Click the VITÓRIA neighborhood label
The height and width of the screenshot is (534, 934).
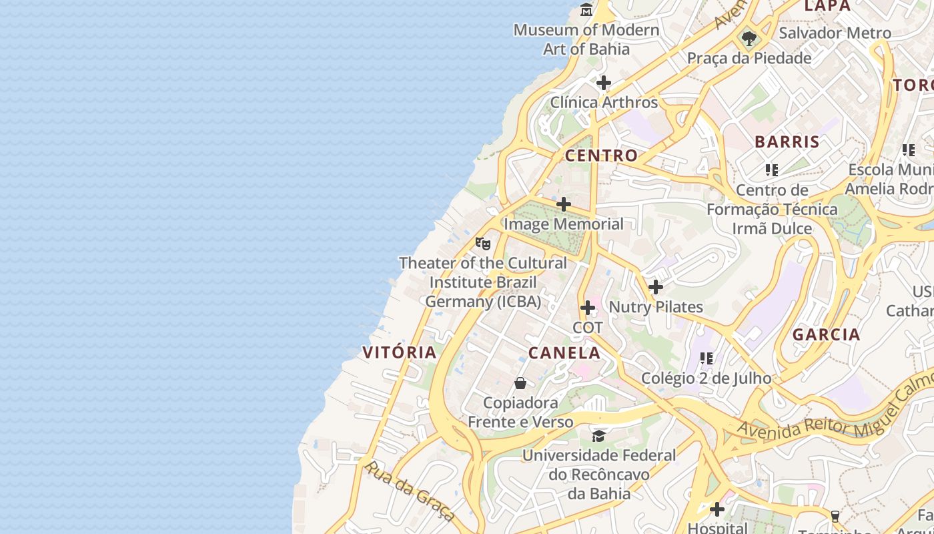(x=399, y=352)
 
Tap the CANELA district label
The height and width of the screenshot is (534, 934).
(x=564, y=352)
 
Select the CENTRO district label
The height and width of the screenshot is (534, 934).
(x=601, y=156)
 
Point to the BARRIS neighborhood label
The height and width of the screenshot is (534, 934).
(x=787, y=142)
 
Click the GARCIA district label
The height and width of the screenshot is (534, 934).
(x=826, y=334)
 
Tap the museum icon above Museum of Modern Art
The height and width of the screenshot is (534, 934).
(x=586, y=10)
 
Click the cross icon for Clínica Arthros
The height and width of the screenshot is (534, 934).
(x=604, y=83)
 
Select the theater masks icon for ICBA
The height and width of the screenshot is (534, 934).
(x=483, y=243)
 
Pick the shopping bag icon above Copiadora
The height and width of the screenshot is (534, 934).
(x=520, y=383)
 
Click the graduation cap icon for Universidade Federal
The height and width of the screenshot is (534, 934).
(x=598, y=436)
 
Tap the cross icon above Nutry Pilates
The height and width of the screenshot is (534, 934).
(x=656, y=287)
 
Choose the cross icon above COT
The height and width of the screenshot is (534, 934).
(x=588, y=308)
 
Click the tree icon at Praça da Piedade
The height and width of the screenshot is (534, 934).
(x=749, y=38)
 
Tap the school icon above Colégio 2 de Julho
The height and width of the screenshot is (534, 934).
(x=707, y=358)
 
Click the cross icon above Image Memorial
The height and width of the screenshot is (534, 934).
(x=564, y=204)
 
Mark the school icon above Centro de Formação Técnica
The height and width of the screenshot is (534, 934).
(x=772, y=170)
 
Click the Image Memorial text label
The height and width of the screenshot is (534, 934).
(x=564, y=224)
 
